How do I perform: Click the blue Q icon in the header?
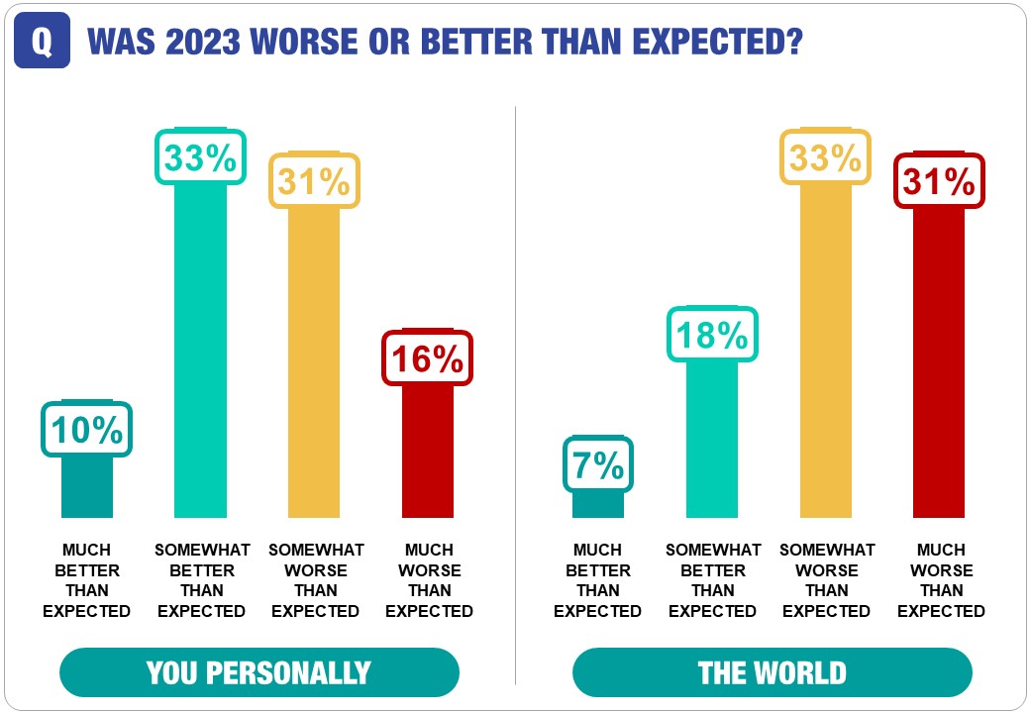[43, 42]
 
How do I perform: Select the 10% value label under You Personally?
[87, 430]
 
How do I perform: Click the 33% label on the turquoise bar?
[200, 157]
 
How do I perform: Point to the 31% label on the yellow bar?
[314, 180]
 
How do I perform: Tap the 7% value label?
[598, 464]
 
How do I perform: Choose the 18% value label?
[712, 336]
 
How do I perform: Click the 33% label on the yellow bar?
[826, 157]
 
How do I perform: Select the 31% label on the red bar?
[939, 181]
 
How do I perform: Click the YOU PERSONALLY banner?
[259, 673]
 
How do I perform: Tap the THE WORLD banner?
[772, 673]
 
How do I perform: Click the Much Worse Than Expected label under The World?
[940, 580]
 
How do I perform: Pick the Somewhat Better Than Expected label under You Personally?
[202, 580]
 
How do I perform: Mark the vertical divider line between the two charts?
[516, 396]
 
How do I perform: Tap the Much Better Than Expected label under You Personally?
[87, 580]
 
